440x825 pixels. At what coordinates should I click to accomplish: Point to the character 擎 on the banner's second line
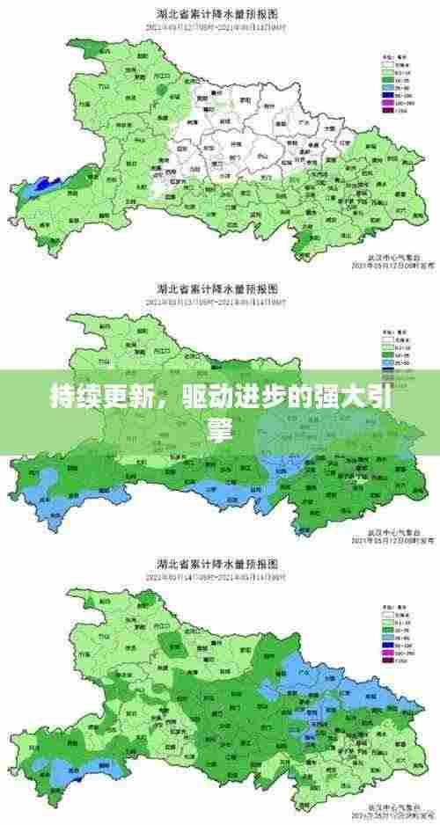point(219,428)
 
